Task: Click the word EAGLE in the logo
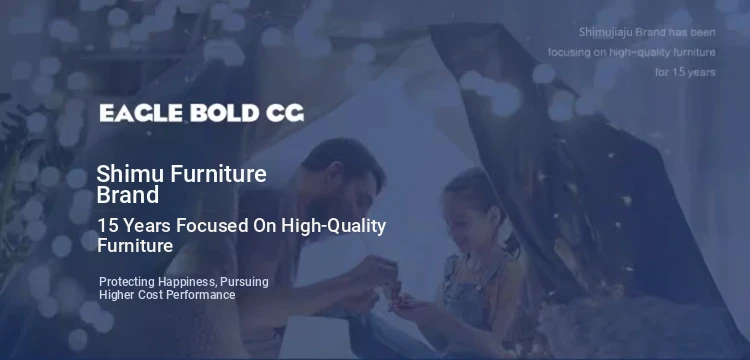pos(141,113)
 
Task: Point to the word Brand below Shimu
pos(128,195)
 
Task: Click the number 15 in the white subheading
pos(107,226)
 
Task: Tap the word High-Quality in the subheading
pos(333,227)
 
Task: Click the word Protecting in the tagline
pos(127,282)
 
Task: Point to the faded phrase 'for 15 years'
pos(685,72)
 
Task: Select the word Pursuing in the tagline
pos(244,282)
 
